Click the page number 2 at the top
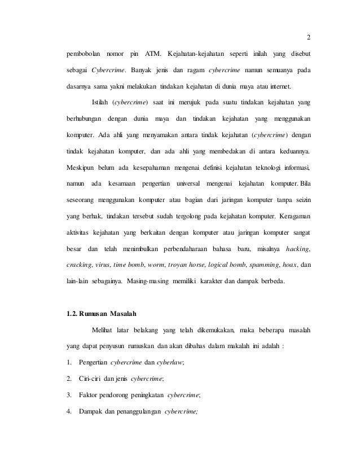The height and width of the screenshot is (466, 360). click(x=308, y=38)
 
